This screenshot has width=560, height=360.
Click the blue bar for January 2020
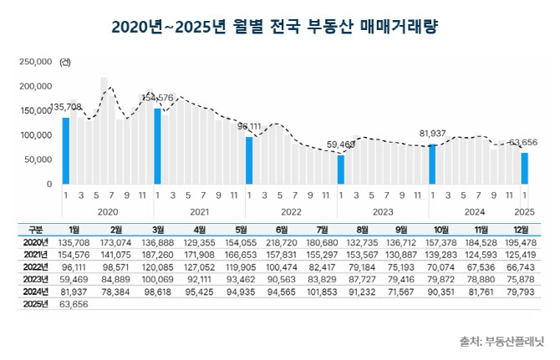pos(66,151)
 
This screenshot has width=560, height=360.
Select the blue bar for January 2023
pos(341,170)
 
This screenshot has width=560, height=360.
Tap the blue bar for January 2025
pos(525,169)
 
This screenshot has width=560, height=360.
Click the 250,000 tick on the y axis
pos(36,62)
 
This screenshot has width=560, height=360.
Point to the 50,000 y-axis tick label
pos(38,160)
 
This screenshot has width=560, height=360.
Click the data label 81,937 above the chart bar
pos(432,134)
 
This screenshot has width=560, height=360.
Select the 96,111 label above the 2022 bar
pos(249,126)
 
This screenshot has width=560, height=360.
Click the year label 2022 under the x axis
pos(291,212)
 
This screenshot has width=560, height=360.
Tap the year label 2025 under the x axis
pos(524,212)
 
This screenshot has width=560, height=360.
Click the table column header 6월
pos(282,230)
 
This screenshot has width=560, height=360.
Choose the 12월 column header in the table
pos(521,230)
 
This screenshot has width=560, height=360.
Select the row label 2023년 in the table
pos(35,279)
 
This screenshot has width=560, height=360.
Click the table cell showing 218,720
pos(282,242)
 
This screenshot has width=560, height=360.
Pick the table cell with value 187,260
pos(157,255)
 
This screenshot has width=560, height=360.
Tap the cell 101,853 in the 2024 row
pos(322,292)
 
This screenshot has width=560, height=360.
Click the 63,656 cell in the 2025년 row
pos(74,304)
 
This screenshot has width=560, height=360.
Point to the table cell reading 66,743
pos(521,267)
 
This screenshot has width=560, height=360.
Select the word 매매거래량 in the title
pos(399,27)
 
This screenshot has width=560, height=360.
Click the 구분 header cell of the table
pos(35,230)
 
